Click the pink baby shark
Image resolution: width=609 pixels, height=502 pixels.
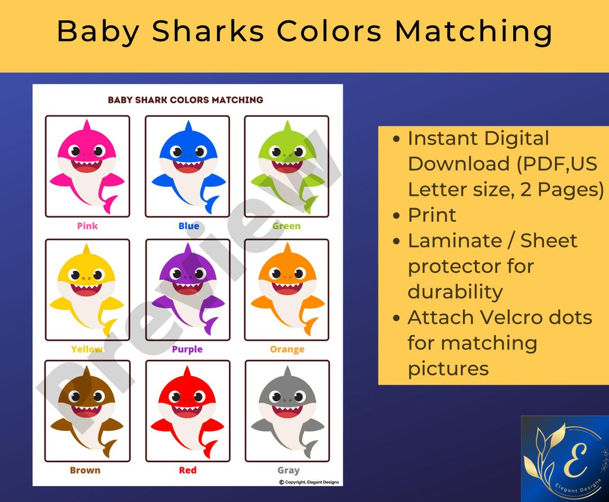pyautogui.click(x=87, y=166)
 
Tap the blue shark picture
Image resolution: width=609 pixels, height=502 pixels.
pyautogui.click(x=188, y=166)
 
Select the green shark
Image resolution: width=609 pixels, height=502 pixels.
pyautogui.click(x=286, y=166)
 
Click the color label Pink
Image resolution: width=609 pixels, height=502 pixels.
pyautogui.click(x=87, y=226)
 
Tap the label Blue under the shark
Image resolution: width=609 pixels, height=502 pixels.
pyautogui.click(x=188, y=226)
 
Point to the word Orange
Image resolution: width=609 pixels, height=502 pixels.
pyautogui.click(x=287, y=350)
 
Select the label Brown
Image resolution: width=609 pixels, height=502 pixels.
pyautogui.click(x=85, y=470)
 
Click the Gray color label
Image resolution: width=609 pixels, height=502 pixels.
pyautogui.click(x=288, y=470)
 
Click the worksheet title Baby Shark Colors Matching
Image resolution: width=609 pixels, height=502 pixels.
pyautogui.click(x=186, y=100)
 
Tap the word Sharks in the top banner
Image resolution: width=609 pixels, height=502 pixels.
pyautogui.click(x=208, y=32)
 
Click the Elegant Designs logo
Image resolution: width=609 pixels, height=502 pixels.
pyautogui.click(x=564, y=459)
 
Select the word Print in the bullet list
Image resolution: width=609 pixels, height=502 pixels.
pyautogui.click(x=432, y=215)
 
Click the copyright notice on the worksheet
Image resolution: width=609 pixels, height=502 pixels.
pyautogui.click(x=309, y=482)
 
